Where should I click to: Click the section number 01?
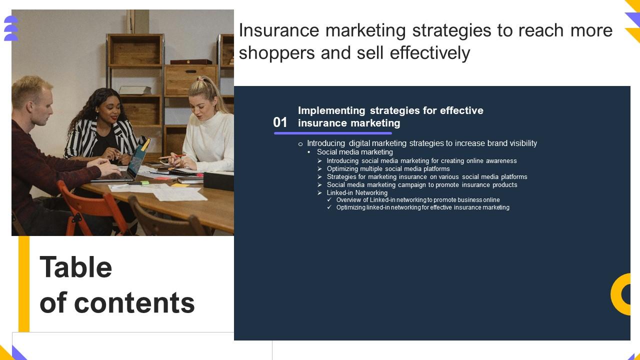pos(280,122)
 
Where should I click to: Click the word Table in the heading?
pos(76,267)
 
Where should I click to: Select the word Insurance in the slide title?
pos(279,30)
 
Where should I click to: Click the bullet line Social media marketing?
pos(354,152)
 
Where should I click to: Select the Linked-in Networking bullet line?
pos(357,192)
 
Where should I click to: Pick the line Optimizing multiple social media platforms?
pos(388,168)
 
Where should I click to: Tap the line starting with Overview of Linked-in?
pos(417,200)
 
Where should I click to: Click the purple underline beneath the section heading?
pos(332,133)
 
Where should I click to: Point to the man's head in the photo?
pos(32,100)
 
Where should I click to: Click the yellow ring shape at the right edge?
pos(622,294)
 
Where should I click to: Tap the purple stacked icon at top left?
pos(11,28)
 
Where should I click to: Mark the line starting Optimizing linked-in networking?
pos(422,207)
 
